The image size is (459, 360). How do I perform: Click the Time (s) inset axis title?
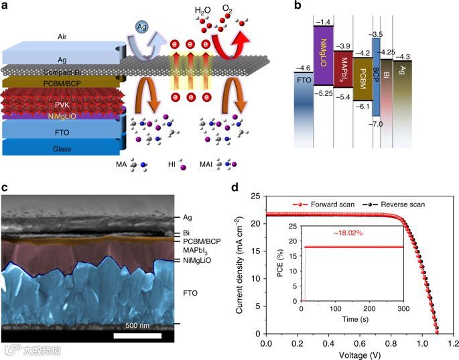point(352,320)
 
